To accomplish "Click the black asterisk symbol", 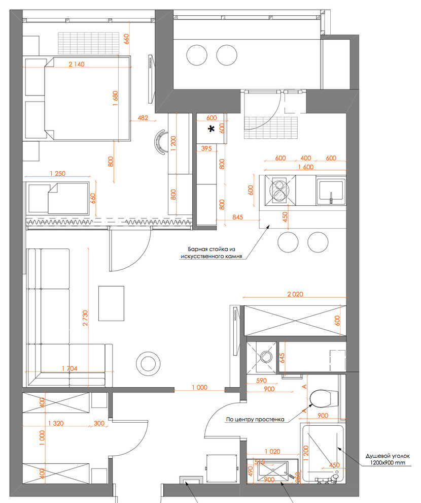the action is [211, 129].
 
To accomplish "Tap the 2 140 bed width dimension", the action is [77, 64].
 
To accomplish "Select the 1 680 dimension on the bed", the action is [115, 100].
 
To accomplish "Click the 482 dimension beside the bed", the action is [143, 118].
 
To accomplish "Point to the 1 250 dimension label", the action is [58, 174].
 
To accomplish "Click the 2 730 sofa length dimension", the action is [85, 318].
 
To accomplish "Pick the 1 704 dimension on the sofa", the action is [69, 368].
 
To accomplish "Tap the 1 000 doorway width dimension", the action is [199, 388].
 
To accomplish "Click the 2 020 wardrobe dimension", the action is [295, 294].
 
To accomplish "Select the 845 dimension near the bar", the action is [237, 217].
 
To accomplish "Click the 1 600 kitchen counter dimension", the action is [306, 167].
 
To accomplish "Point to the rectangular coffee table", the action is [111, 303].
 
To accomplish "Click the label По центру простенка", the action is [255, 419].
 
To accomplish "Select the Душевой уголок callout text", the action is [388, 456].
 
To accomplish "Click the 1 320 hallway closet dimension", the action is [56, 423].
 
